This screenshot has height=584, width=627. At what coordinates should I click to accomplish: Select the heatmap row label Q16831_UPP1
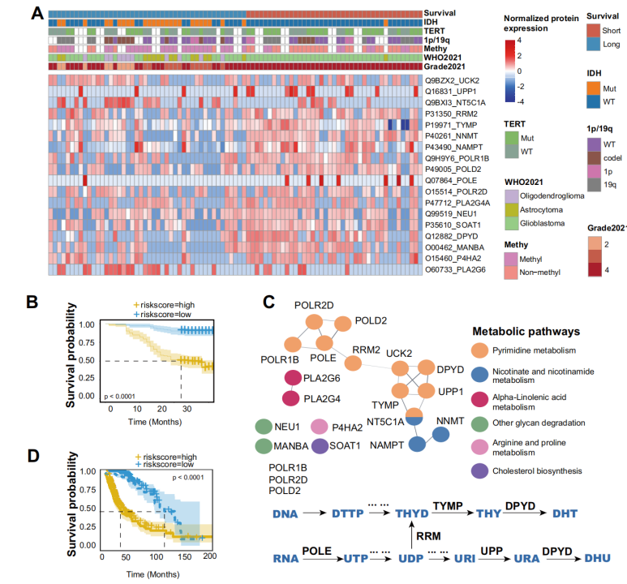click(x=452, y=92)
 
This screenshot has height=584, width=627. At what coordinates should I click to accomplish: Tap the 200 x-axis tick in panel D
click(x=208, y=557)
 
